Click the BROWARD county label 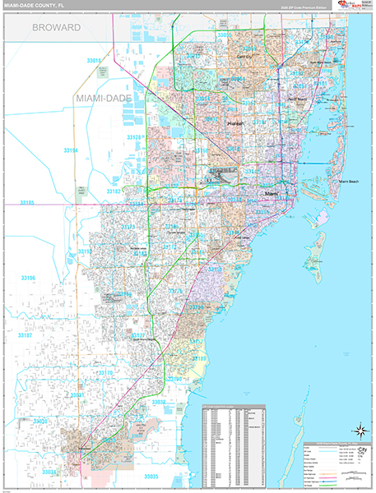56,27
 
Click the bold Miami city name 271,193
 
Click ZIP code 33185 29,202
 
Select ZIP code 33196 29,279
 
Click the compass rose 359,430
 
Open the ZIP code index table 234,444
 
